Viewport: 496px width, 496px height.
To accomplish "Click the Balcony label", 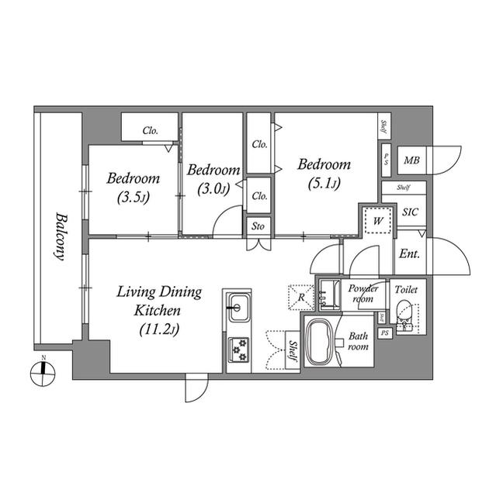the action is click(61, 236).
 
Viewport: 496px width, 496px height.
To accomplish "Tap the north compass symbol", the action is click(43, 374).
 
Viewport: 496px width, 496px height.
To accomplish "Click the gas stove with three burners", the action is click(238, 350).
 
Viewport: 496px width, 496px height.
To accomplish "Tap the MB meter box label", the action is click(411, 160).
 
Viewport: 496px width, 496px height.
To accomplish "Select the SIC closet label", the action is click(410, 212).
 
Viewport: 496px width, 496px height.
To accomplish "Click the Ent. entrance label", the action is click(409, 253).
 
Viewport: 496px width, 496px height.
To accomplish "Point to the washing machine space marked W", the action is click(377, 220).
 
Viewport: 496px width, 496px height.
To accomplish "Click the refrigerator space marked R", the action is click(301, 297).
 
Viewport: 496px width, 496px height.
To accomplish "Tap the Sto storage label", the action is click(258, 226).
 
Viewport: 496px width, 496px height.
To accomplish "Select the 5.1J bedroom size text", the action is click(324, 184).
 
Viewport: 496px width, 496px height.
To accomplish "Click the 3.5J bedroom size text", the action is click(133, 198).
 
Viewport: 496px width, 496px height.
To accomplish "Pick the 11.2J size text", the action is click(159, 329).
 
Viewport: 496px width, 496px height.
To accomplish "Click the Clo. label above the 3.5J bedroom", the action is click(150, 131).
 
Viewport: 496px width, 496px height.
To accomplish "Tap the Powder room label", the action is click(363, 294).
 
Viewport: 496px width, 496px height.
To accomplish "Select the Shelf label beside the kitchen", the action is click(293, 351).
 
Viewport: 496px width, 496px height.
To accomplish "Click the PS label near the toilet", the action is click(385, 332).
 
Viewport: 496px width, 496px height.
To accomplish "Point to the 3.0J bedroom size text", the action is click(213, 189).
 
